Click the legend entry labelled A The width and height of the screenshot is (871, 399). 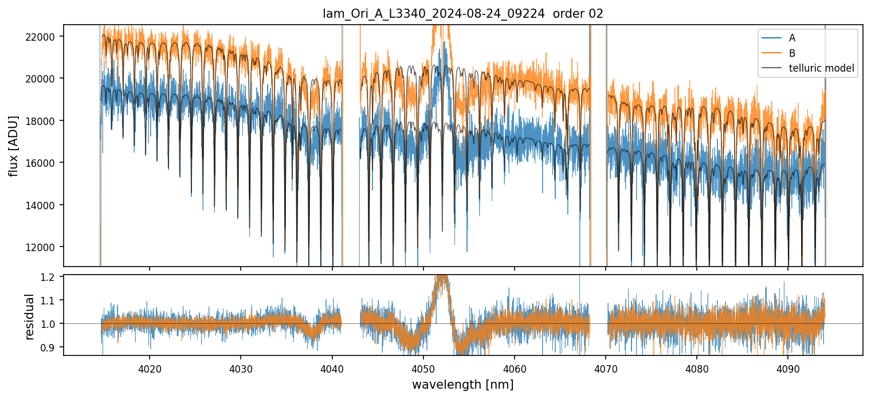792,38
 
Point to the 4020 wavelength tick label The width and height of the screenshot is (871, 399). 150,367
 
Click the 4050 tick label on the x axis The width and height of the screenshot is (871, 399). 423,367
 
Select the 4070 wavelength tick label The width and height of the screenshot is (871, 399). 606,367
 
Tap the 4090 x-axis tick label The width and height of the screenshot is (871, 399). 787,367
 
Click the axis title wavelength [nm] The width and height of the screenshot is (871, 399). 462,384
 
